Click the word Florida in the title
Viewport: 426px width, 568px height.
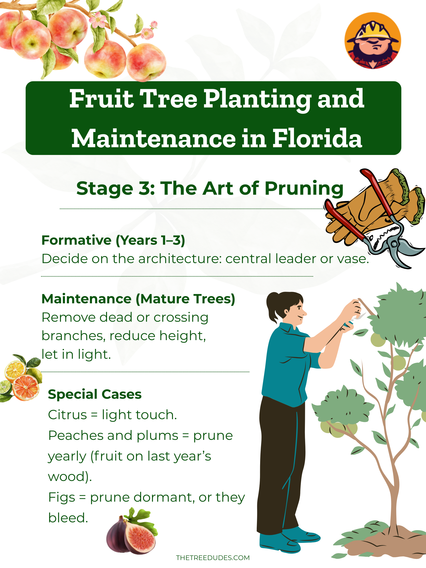point(317,139)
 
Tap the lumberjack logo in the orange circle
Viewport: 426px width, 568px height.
point(373,41)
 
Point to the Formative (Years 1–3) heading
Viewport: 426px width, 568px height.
point(113,240)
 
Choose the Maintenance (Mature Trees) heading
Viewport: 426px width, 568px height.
point(138,299)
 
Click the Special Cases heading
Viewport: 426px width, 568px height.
point(95,394)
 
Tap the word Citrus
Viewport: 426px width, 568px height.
point(67,415)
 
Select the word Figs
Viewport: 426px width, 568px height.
point(62,497)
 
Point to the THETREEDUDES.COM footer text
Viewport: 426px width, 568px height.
point(213,558)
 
